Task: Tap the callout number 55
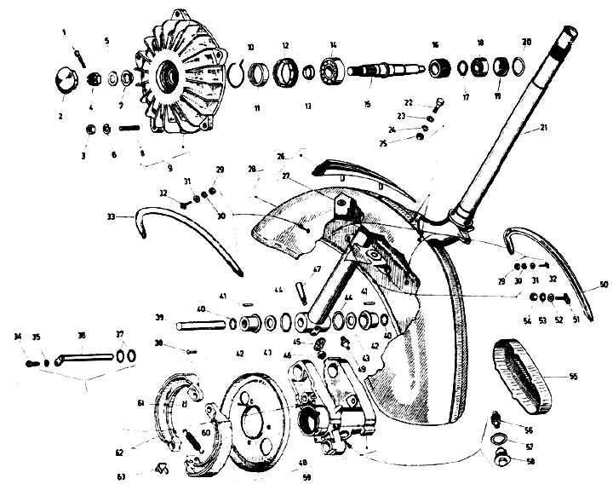click(x=572, y=375)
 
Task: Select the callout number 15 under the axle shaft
click(x=367, y=105)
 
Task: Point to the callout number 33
click(x=112, y=218)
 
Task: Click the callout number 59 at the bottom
click(x=306, y=477)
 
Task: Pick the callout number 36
click(x=82, y=335)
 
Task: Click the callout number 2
click(x=60, y=114)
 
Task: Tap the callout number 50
click(x=604, y=284)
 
